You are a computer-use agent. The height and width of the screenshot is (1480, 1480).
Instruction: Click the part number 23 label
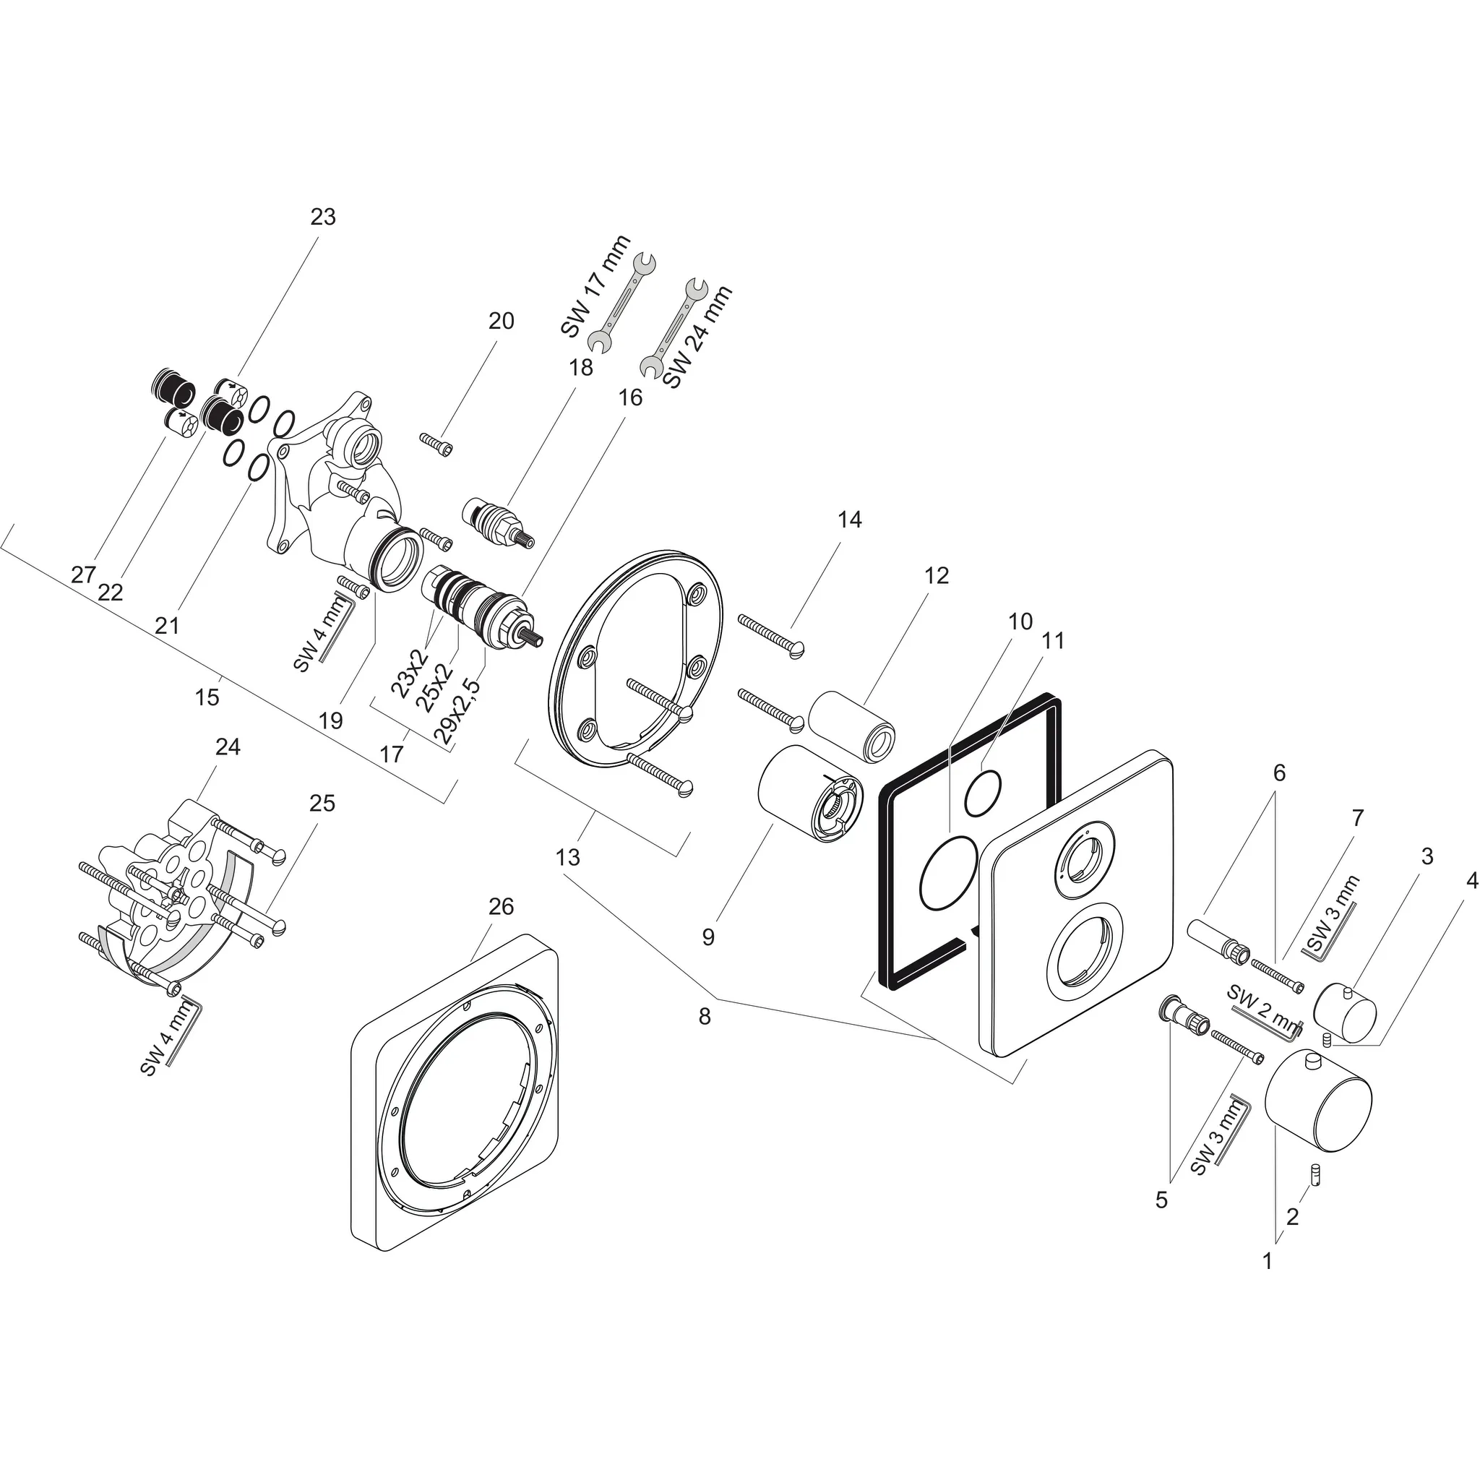[x=322, y=218]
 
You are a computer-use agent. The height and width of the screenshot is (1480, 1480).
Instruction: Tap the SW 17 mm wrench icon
[x=621, y=304]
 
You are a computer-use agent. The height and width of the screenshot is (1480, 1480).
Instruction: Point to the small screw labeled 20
[x=436, y=443]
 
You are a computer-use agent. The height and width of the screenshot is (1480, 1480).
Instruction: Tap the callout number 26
[x=501, y=907]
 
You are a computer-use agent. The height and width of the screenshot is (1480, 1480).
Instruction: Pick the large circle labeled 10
[x=950, y=873]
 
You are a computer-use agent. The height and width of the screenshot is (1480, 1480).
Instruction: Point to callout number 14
[x=850, y=520]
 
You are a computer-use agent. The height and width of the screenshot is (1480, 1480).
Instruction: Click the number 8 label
[x=704, y=1017]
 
